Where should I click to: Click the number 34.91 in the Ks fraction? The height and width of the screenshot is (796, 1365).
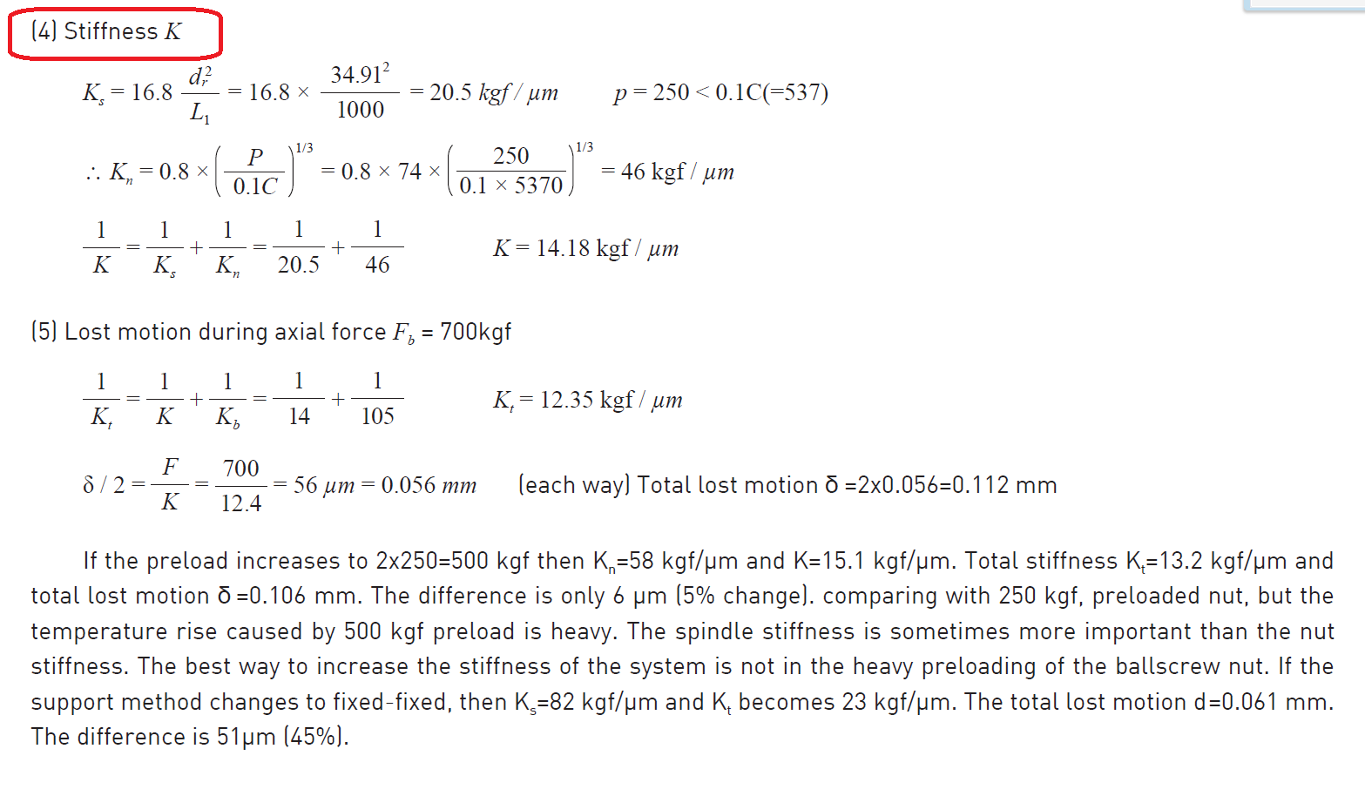tap(355, 75)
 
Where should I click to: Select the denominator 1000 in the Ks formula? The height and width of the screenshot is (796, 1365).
tap(360, 110)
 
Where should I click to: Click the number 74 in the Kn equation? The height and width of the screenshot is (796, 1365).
tap(409, 172)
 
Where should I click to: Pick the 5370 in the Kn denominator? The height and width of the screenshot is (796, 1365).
tap(538, 186)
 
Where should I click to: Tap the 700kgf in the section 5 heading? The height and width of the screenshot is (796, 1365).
tap(476, 332)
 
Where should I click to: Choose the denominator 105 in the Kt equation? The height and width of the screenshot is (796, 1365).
tap(377, 416)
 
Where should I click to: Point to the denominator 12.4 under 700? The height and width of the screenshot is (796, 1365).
tap(240, 503)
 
